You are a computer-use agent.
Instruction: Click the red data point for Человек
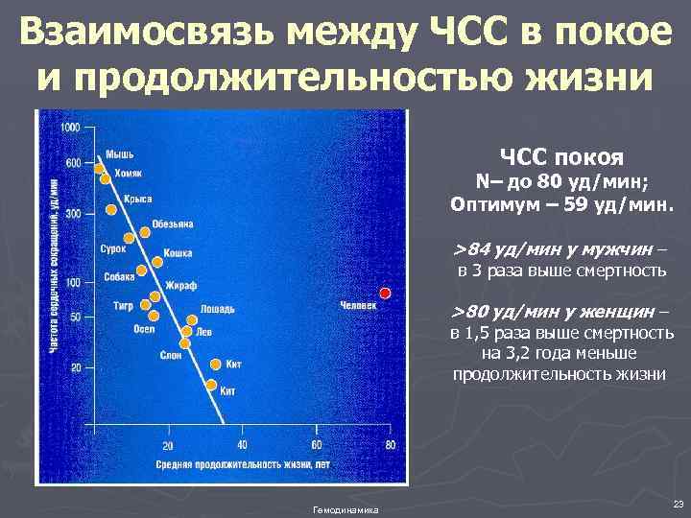385,292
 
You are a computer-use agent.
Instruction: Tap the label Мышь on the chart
119,154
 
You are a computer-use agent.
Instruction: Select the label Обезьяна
172,224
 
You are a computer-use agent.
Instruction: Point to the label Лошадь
218,309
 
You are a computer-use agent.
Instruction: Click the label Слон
170,355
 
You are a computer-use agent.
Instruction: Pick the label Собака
120,278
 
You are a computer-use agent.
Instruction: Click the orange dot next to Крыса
111,209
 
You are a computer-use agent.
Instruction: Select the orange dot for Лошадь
192,320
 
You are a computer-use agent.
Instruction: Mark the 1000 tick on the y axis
69,128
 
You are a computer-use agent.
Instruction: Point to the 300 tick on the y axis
72,213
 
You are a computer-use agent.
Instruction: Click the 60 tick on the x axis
316,445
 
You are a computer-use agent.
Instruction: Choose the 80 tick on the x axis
390,445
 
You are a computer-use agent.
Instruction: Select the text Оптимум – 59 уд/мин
562,204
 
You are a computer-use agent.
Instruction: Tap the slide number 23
678,504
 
